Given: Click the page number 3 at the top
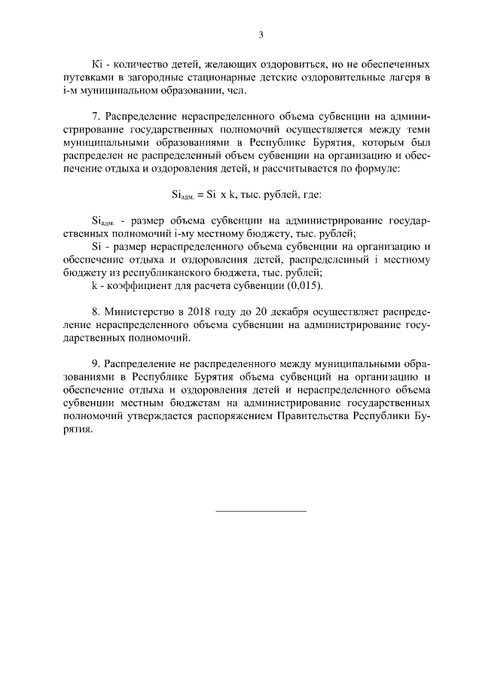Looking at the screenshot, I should click(260, 35).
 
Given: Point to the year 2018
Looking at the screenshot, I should click(204, 310).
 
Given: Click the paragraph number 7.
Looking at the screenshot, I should click(95, 117).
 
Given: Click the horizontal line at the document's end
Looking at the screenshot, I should click(261, 512).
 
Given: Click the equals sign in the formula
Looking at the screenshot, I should click(200, 194).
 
